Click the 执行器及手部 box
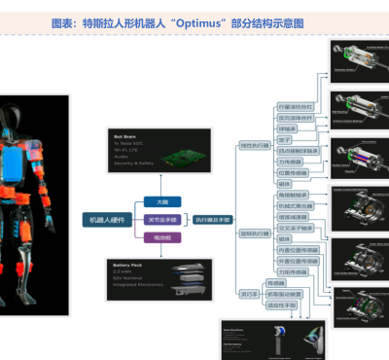click(213, 220)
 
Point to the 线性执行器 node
click(256, 144)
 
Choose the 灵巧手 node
click(249, 293)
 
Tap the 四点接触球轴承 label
click(298, 150)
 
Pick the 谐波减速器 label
click(294, 217)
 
